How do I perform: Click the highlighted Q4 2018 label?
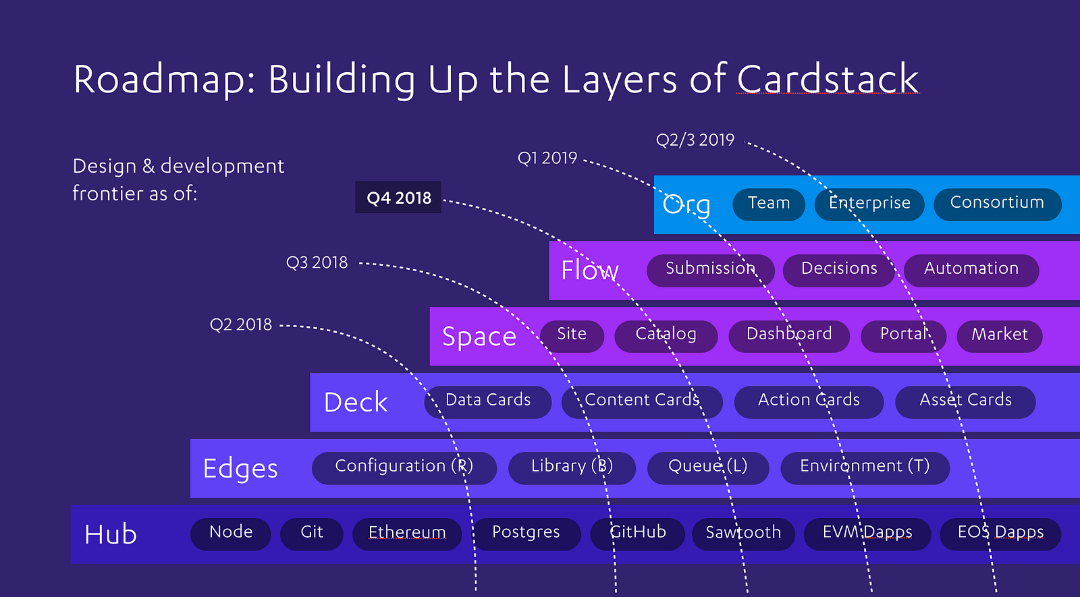(398, 198)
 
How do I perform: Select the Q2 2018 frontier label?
(240, 324)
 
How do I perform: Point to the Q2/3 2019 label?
(695, 140)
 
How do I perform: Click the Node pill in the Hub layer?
(230, 534)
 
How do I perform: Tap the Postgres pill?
(526, 534)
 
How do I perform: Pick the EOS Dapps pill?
(1000, 534)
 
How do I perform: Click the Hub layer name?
(111, 534)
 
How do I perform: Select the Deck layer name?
(355, 402)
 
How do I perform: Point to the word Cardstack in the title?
(828, 79)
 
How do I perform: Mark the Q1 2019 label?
(547, 158)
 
